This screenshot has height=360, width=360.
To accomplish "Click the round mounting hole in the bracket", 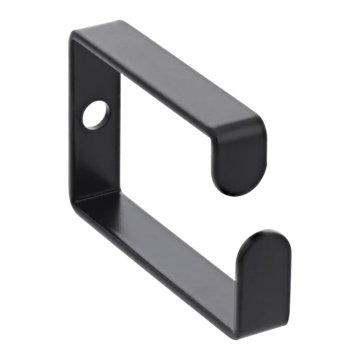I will click(97, 115).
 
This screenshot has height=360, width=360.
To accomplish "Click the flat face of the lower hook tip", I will click(264, 282).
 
